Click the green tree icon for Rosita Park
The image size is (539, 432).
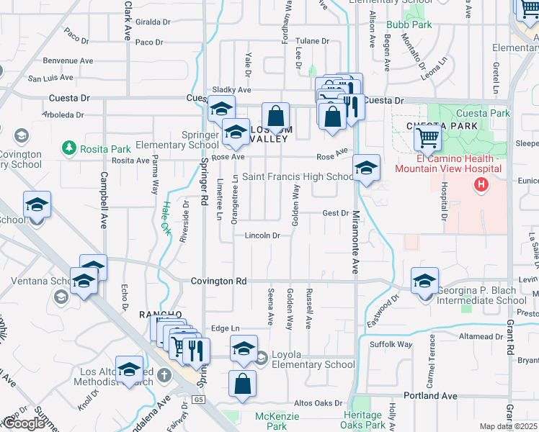coord(70,148)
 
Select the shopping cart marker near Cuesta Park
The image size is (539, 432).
coord(429,138)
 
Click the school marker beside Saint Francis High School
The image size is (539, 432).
coord(366,169)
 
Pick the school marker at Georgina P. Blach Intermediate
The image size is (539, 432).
coord(424,280)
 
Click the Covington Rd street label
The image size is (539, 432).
coord(219,282)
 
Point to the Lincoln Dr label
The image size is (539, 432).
coord(262,235)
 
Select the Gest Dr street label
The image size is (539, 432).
coord(335,213)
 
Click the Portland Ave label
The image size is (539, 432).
coord(430,396)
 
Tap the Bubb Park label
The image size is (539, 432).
coord(409,24)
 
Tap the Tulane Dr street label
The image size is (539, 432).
coord(311,41)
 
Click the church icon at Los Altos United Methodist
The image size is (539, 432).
coord(165,375)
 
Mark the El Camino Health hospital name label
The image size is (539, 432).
coord(447,163)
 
